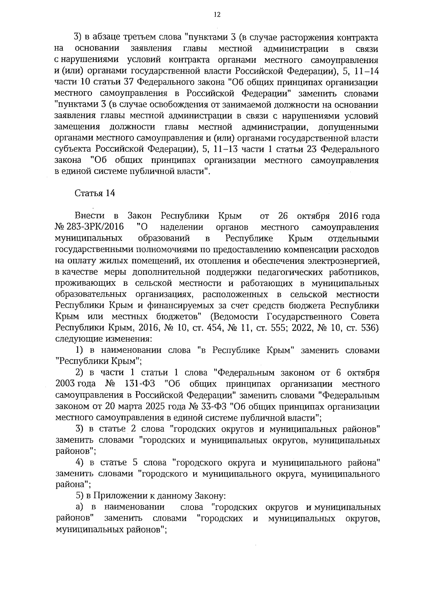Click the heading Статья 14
pyautogui.click(x=95, y=193)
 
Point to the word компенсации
pyautogui.click(x=312, y=250)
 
